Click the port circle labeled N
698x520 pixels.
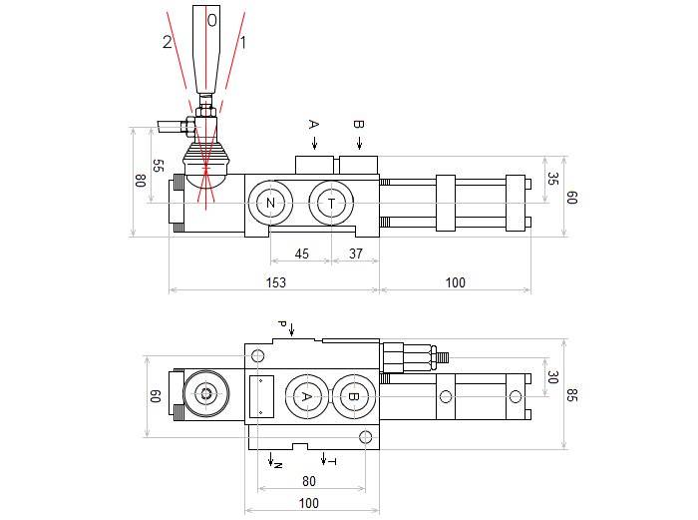[270, 205]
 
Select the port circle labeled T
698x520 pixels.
[331, 205]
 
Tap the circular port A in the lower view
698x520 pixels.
[306, 396]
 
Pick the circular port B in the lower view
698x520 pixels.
[352, 396]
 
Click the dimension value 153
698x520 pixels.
[275, 282]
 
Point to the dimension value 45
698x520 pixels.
[302, 254]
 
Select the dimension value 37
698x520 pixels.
[356, 254]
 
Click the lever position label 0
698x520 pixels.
[211, 18]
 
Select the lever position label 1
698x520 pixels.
[243, 42]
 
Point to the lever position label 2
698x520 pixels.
[167, 42]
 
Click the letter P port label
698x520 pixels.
[282, 325]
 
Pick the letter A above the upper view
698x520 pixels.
[313, 125]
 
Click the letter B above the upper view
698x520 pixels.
[359, 125]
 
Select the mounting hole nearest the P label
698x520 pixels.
[259, 356]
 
